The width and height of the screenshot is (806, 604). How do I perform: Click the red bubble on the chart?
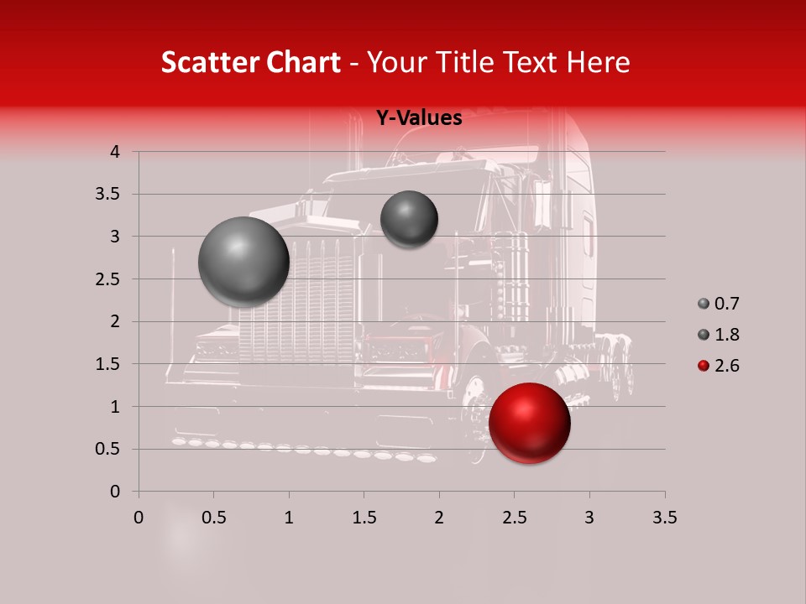point(529,423)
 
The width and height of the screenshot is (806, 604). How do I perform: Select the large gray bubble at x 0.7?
point(243,262)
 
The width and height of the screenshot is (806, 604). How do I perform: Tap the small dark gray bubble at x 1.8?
point(409,219)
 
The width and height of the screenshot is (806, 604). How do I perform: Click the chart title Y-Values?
point(418,118)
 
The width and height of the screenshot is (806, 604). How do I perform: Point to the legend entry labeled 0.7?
point(718,304)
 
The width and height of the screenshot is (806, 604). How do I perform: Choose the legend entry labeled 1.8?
point(718,335)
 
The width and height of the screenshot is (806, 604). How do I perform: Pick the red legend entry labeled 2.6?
point(718,366)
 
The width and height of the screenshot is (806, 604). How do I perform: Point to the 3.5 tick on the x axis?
point(664,518)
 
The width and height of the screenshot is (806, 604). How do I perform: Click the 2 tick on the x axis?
point(438,518)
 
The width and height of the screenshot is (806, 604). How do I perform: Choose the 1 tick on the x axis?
point(289,518)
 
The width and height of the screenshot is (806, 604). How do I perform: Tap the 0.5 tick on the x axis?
point(213,518)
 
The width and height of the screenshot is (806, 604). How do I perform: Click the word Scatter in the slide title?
point(207,62)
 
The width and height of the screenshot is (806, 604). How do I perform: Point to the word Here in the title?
point(598,62)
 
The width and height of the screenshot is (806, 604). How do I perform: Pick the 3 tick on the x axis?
point(589,518)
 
